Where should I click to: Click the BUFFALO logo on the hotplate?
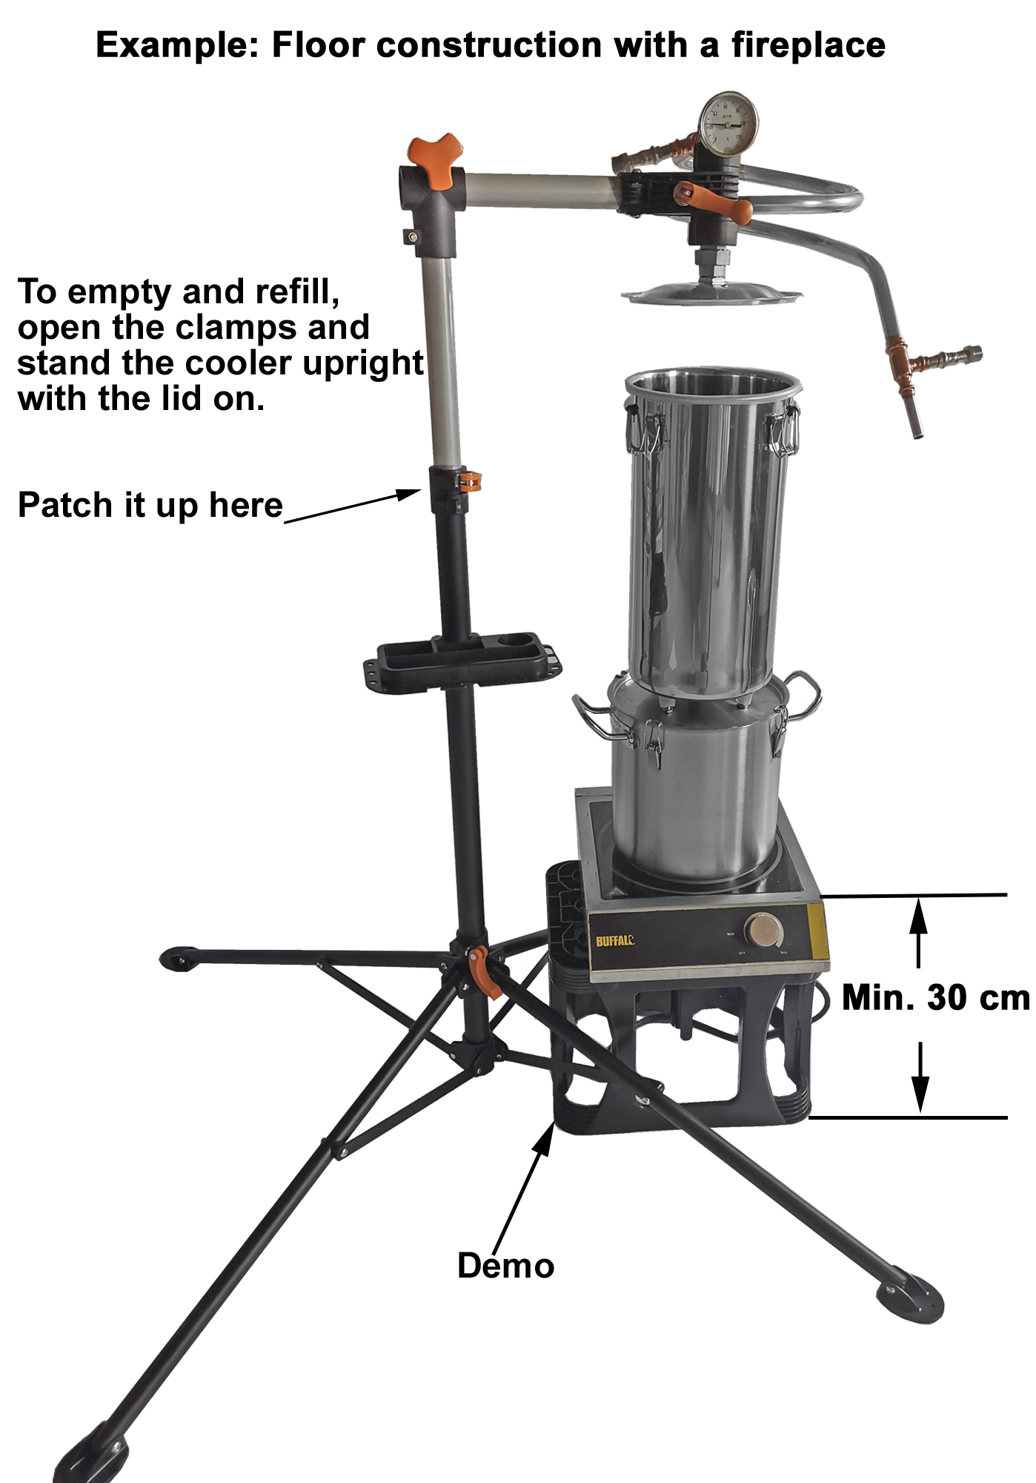click(615, 941)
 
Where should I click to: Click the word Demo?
click(505, 1266)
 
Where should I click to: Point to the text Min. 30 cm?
click(936, 997)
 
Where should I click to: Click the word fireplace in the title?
click(808, 46)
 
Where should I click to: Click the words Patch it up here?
click(150, 506)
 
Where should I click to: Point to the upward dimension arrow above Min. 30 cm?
click(918, 933)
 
